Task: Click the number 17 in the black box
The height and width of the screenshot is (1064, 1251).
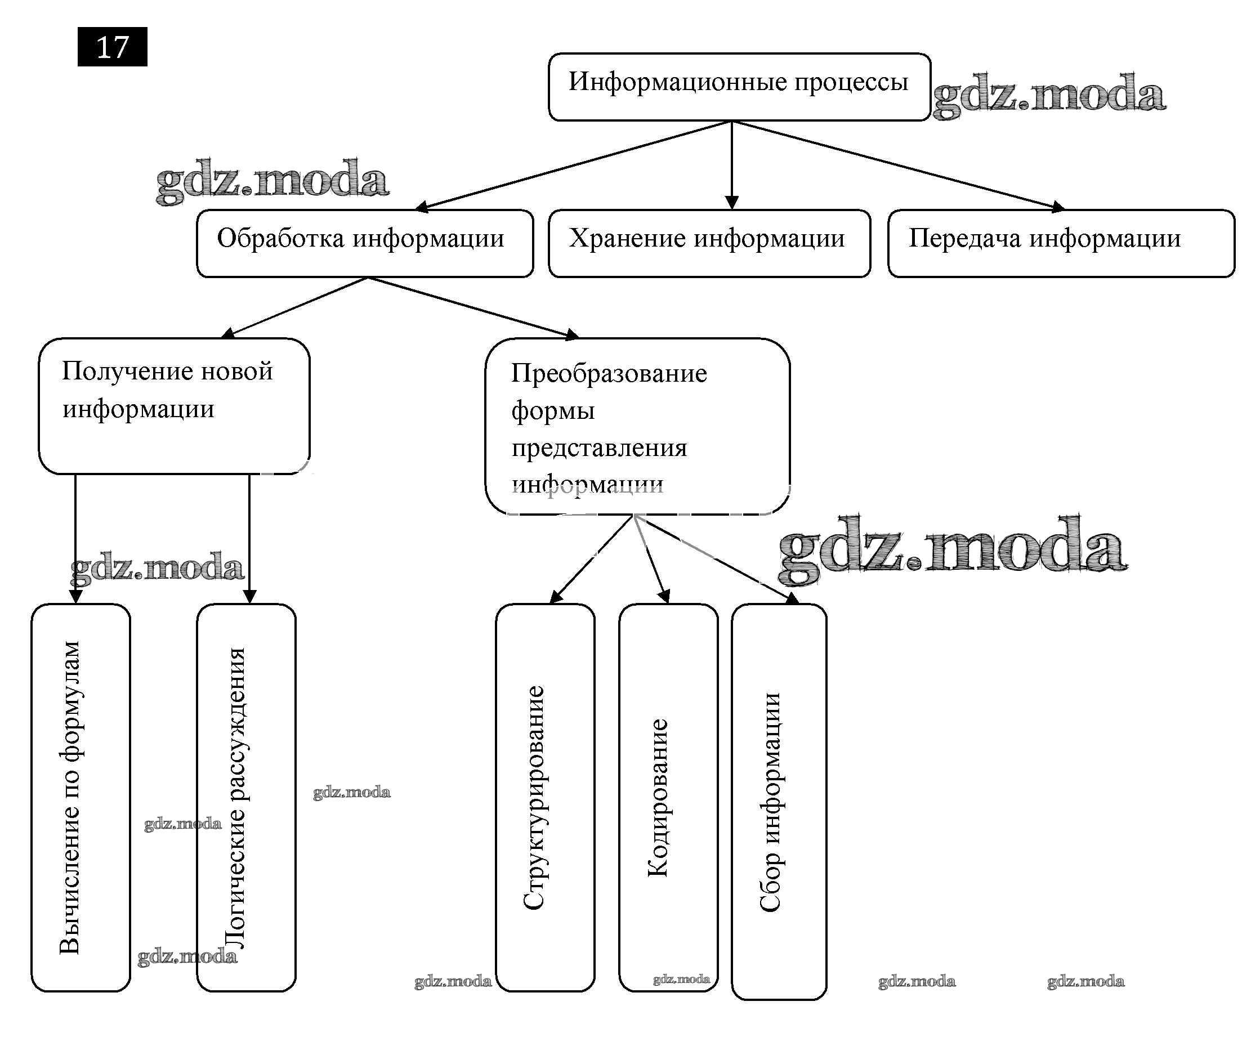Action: pyautogui.click(x=112, y=47)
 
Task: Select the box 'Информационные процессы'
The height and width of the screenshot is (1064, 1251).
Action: pyautogui.click(x=738, y=86)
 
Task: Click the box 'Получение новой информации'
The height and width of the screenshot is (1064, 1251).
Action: pyautogui.click(x=174, y=405)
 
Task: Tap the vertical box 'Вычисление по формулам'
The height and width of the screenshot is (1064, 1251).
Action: pyautogui.click(x=80, y=797)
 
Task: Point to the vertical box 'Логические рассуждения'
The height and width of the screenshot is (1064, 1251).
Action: pyautogui.click(x=246, y=797)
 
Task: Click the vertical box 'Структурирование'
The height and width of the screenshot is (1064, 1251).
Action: pyautogui.click(x=544, y=797)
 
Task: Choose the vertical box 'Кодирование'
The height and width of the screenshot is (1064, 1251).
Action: pyautogui.click(x=668, y=797)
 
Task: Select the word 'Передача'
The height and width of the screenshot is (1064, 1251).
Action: pyautogui.click(x=964, y=238)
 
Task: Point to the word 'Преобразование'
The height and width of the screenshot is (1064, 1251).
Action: pyautogui.click(x=609, y=373)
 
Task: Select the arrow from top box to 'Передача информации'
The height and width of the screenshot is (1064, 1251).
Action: pyautogui.click(x=899, y=164)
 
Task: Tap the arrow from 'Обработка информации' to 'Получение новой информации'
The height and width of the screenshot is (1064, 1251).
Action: pyautogui.click(x=296, y=306)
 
